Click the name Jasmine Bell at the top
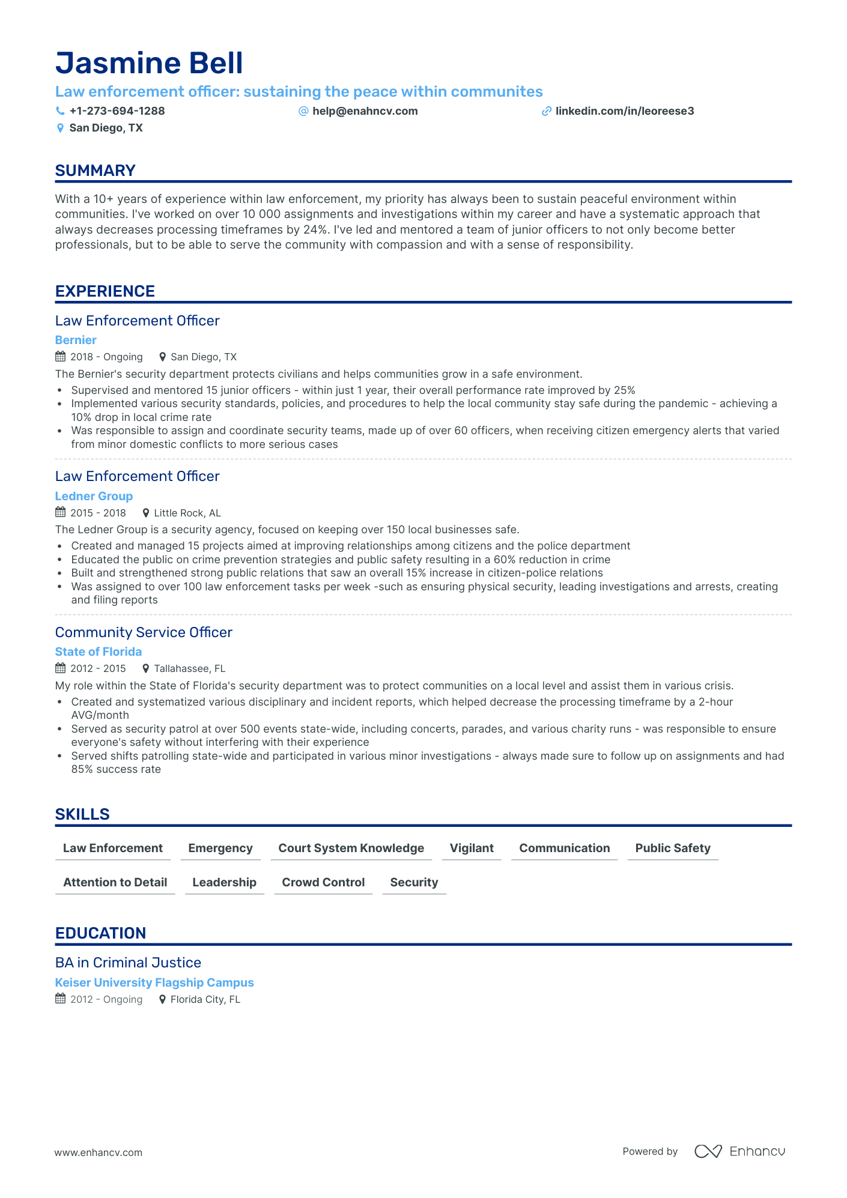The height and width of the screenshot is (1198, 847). click(x=149, y=63)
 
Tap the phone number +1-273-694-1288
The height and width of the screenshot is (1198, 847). click(x=117, y=111)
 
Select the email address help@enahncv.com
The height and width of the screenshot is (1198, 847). click(x=365, y=111)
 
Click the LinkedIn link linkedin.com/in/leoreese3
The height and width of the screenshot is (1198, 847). click(x=624, y=111)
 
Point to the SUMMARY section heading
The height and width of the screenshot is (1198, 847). click(x=95, y=171)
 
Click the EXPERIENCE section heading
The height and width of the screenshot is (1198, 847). click(x=105, y=291)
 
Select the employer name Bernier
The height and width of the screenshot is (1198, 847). click(x=76, y=340)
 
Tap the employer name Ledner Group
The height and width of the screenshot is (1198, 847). click(x=94, y=496)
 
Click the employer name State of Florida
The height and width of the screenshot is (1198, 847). click(x=99, y=652)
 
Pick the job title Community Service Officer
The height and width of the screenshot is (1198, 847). click(x=144, y=632)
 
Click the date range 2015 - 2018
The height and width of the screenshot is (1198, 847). click(x=98, y=513)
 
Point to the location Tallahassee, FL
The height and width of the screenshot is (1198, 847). click(x=189, y=668)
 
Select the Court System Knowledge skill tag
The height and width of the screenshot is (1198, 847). click(x=351, y=848)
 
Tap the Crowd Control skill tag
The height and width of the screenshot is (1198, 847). click(x=323, y=882)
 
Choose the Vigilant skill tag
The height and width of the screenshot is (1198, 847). click(x=472, y=848)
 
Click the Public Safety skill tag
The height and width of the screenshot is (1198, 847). click(x=673, y=848)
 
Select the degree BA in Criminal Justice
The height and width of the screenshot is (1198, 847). click(x=128, y=963)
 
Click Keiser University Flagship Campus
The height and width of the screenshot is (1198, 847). click(x=154, y=982)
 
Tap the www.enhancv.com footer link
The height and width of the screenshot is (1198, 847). click(x=99, y=1152)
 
